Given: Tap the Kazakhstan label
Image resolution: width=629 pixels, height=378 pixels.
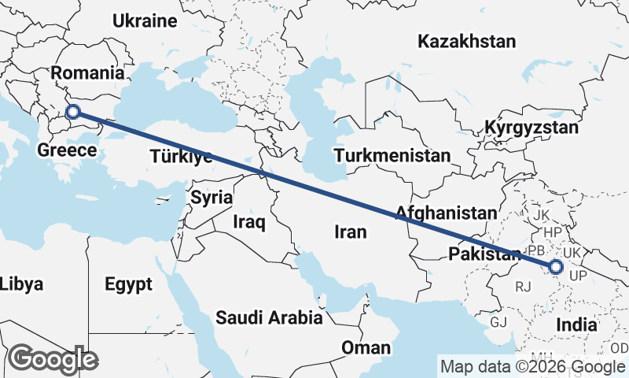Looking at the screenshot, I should coord(467,41).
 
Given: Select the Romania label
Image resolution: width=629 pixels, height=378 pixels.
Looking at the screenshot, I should coord(87,73).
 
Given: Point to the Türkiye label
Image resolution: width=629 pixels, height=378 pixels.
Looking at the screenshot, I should coord(180,157).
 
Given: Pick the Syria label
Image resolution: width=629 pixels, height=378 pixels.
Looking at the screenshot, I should coord(212,197).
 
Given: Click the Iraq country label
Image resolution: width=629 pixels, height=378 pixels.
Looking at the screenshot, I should coord(249,223).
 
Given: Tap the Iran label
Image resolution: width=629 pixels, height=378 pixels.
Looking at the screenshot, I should coord(351,232).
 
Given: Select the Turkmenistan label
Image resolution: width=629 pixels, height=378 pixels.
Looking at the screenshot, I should coord(392,155).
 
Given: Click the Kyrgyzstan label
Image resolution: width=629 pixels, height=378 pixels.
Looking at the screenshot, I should coord(532,128).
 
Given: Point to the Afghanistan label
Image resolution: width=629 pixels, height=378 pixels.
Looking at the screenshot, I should coord(447,213).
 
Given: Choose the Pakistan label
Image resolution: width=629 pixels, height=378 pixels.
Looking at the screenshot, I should coord(484,254).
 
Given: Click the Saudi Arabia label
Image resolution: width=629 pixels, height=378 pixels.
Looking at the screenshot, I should coord(270,318).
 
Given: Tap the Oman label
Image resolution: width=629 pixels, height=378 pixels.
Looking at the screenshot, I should coord(366,347).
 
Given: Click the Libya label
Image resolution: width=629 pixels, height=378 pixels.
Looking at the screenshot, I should coord(21,284).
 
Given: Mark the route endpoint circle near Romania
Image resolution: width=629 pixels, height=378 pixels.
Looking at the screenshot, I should coord(73,112).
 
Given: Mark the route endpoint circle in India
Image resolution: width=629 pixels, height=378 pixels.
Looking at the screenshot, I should coord(555,267).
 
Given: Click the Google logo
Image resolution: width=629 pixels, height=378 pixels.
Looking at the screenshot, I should coord(53,359).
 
